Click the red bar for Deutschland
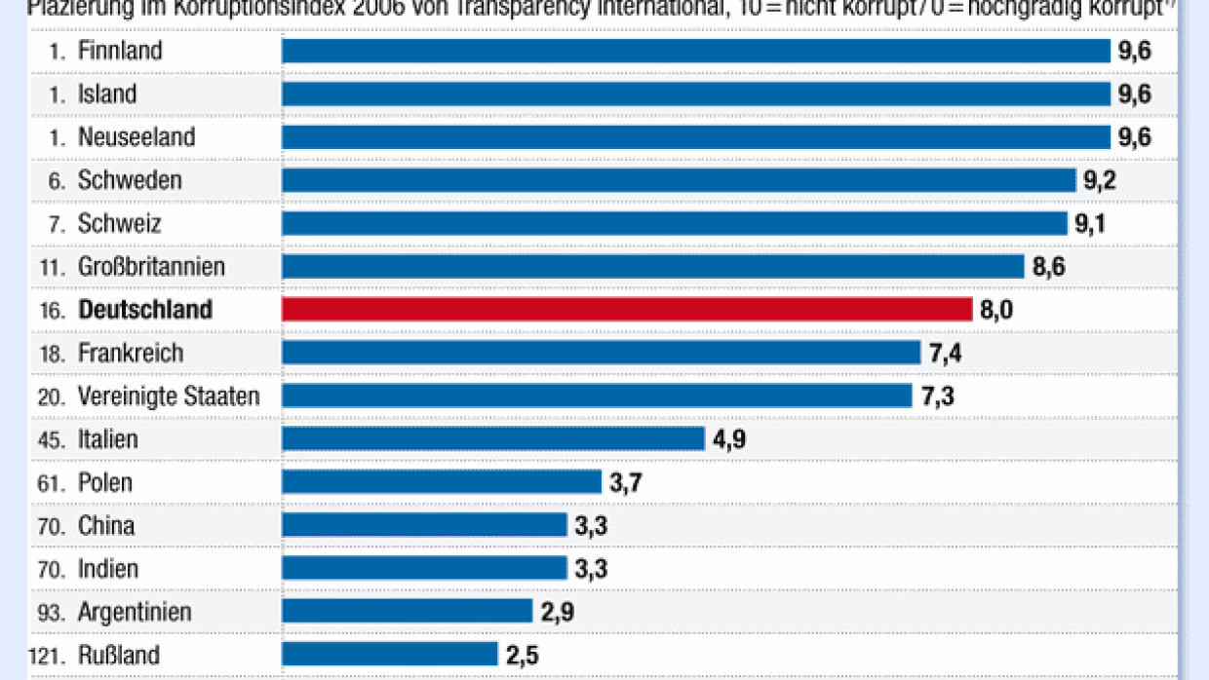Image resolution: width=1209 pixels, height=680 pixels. point(627,310)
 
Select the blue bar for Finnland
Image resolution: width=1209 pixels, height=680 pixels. point(696,51)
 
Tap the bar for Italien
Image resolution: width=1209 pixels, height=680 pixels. point(493,438)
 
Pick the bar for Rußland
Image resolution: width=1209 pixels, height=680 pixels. point(390,654)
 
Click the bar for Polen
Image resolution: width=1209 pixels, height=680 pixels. point(442,481)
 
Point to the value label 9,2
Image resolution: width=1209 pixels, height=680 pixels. point(1101,180)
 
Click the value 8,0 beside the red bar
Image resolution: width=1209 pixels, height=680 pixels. point(997,310)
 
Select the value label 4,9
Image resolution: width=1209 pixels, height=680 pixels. point(729,438)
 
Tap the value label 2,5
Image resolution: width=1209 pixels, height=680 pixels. point(523,654)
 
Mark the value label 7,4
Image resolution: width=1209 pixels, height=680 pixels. point(946,353)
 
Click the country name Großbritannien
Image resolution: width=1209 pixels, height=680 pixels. point(151,266)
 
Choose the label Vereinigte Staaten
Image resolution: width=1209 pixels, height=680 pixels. point(169,396)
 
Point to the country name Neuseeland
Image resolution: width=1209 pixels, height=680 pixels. point(136,137)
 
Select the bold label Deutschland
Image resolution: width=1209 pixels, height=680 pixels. point(145,310)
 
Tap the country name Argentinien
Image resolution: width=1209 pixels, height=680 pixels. point(135,612)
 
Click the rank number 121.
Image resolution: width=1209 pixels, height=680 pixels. point(47,655)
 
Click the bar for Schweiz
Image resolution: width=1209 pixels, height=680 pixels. point(675,223)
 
